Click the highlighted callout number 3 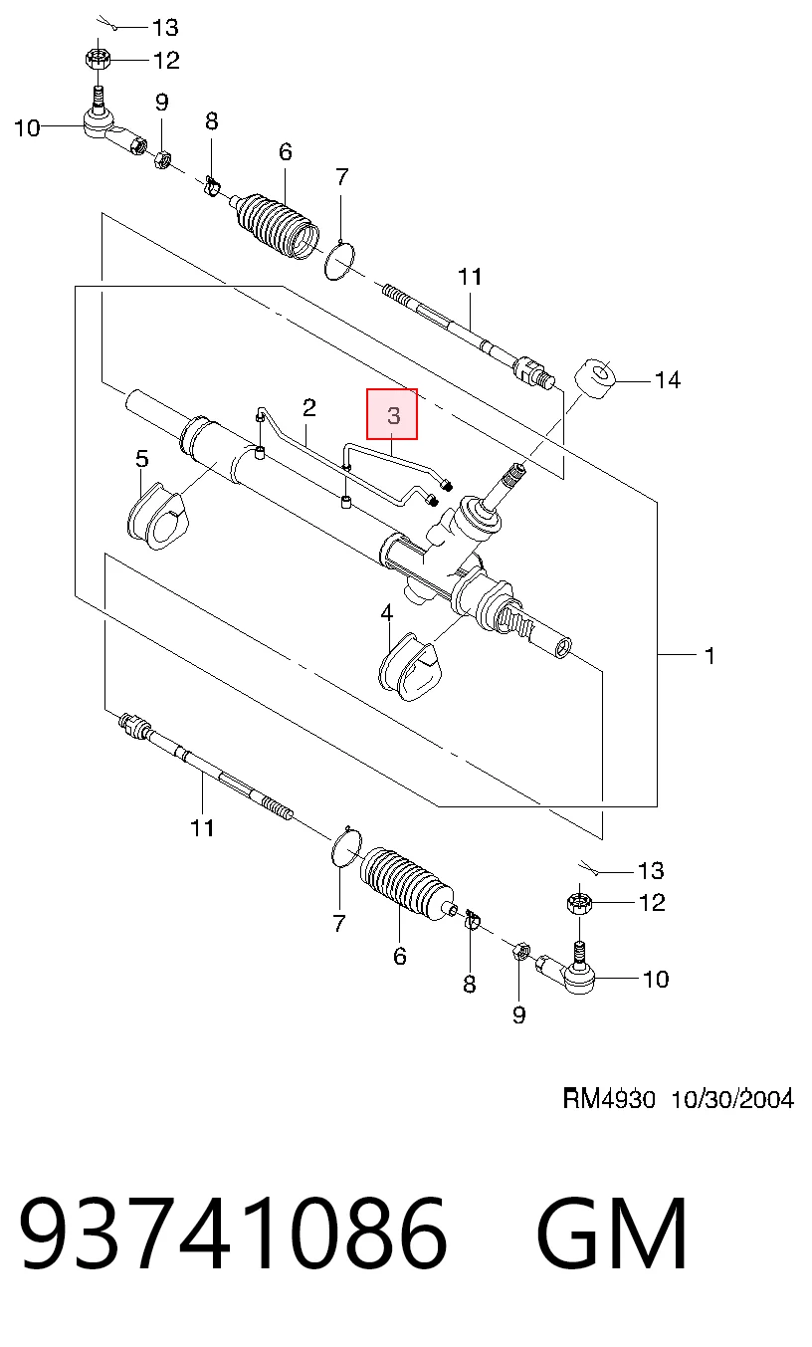pos(393,415)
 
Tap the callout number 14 pos(667,380)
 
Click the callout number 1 pos(710,656)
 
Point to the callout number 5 pos(142,459)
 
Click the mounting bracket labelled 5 pos(157,516)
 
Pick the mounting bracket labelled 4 pos(410,666)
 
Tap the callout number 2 pos(308,408)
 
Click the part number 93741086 pos(233,1240)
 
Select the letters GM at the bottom pos(612,1240)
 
